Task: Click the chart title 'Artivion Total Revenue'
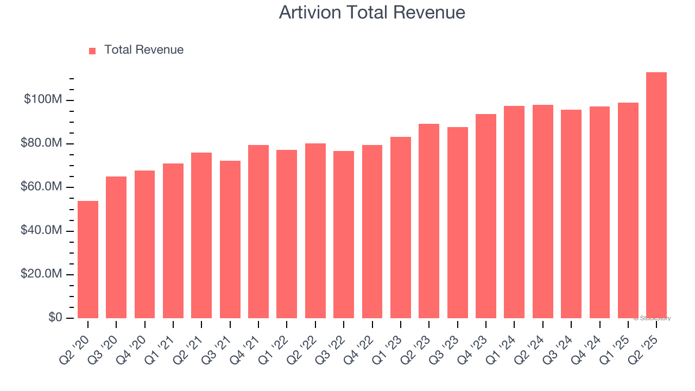(x=372, y=12)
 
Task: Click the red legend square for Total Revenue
(x=92, y=51)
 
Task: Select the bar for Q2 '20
(x=88, y=260)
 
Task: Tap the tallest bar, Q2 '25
(x=656, y=195)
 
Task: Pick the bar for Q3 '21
(x=230, y=239)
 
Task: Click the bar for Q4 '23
(x=486, y=216)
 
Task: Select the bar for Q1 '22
(x=287, y=234)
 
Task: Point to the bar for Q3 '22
(x=344, y=235)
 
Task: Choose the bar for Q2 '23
(x=429, y=221)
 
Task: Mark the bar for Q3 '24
(x=571, y=214)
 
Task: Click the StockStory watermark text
(x=652, y=318)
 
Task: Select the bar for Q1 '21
(x=173, y=241)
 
